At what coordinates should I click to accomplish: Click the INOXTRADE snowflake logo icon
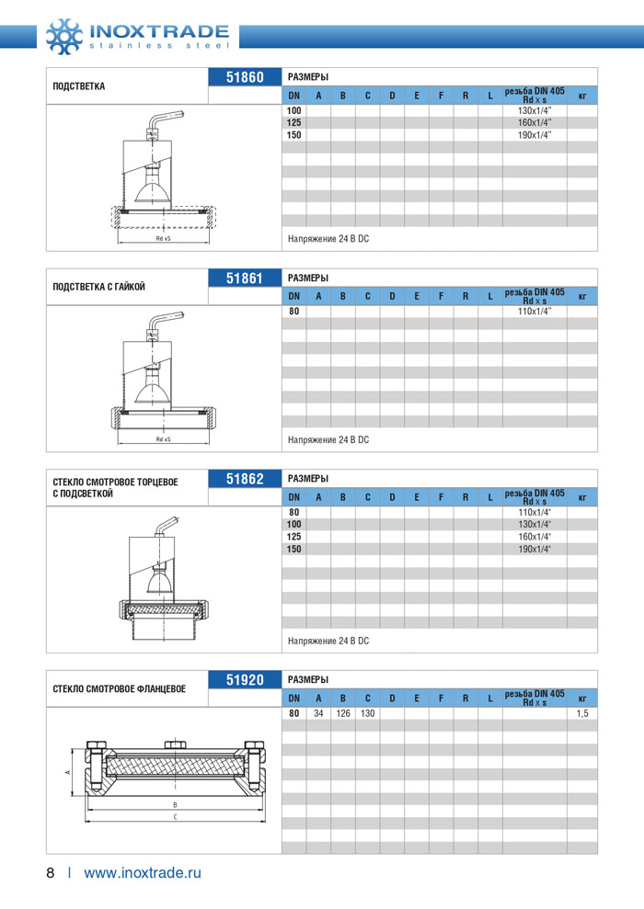click(63, 34)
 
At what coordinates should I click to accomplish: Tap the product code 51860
click(245, 77)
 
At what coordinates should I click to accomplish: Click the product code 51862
click(245, 479)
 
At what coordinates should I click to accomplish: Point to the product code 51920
click(245, 680)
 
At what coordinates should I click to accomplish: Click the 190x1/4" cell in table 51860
click(534, 135)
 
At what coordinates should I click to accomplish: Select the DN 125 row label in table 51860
click(293, 123)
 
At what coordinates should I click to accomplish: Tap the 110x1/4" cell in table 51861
click(534, 312)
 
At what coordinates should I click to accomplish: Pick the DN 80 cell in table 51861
click(293, 312)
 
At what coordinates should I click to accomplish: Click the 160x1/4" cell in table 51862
click(534, 537)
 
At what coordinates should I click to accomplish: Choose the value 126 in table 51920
click(342, 714)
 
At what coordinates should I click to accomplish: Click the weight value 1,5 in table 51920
click(581, 714)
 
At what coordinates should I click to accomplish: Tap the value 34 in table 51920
click(318, 714)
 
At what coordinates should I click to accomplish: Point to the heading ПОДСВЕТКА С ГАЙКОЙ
click(99, 287)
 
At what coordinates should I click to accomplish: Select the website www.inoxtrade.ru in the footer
click(142, 873)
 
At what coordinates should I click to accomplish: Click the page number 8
click(51, 873)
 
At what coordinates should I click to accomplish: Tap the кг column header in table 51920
click(581, 699)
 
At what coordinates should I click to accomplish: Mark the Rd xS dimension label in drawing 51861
click(163, 439)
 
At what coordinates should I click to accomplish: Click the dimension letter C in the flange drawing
click(175, 816)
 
